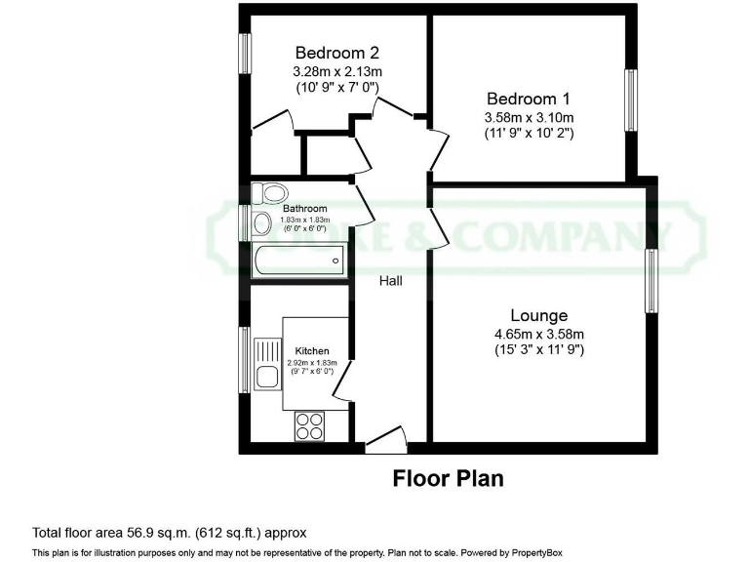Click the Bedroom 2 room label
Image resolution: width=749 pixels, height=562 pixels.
click(x=336, y=53)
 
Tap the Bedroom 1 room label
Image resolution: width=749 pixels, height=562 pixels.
click(x=528, y=99)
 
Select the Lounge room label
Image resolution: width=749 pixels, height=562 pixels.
click(x=538, y=315)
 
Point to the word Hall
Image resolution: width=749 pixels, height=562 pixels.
click(x=391, y=281)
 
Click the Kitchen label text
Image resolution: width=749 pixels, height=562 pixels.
click(x=312, y=350)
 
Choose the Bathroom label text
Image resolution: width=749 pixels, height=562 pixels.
click(x=305, y=209)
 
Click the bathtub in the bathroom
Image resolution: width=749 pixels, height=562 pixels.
click(x=297, y=261)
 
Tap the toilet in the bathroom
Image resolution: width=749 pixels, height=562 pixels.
click(x=266, y=192)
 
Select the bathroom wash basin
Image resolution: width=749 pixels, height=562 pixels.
click(x=261, y=224)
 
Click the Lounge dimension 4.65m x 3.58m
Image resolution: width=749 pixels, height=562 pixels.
click(x=538, y=334)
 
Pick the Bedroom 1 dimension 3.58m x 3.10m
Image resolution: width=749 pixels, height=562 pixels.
click(x=528, y=117)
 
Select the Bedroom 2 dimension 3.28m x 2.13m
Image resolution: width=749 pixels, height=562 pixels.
click(x=336, y=71)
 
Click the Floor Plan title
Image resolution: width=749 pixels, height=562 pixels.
click(x=448, y=479)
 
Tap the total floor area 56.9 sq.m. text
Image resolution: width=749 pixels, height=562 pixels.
click(x=170, y=533)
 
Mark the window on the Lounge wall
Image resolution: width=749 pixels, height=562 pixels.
click(x=650, y=280)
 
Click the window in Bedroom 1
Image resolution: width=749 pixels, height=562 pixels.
click(x=632, y=100)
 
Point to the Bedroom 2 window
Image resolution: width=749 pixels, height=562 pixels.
click(x=246, y=66)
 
